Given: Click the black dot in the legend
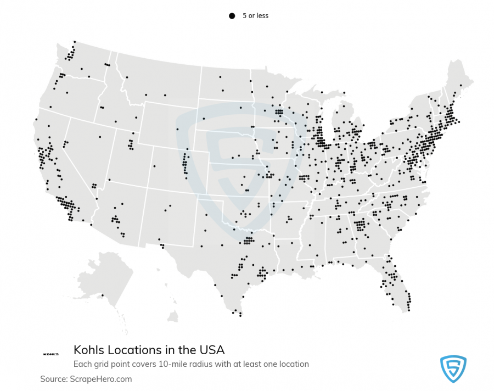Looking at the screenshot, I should (x=232, y=16).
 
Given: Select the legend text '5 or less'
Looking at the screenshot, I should (x=255, y=16).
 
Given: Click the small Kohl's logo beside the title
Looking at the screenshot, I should (x=50, y=354).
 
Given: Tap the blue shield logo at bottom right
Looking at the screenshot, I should (x=453, y=368).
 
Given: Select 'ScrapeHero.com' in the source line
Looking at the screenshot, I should (x=100, y=379).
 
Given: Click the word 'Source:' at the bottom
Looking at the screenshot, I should (x=53, y=379).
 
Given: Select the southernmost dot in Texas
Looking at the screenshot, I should (x=241, y=316).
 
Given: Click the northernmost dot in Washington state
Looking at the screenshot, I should (x=75, y=41).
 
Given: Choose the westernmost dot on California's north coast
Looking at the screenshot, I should (x=36, y=119).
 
